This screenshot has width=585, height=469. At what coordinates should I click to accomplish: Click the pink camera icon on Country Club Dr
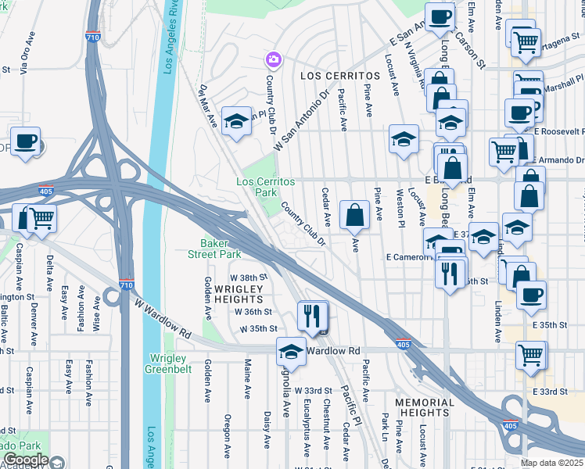coord(273,59)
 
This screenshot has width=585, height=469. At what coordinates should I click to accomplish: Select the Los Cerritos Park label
coord(266,187)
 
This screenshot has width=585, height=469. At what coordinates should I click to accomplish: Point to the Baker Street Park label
coord(214,249)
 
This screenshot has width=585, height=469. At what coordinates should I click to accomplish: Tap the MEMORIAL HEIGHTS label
coord(425,408)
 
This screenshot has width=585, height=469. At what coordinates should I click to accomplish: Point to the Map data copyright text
coord(552,463)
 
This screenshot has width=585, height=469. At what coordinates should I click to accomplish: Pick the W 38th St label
coord(248,277)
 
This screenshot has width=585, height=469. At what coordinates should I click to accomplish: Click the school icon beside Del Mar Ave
coord(236,122)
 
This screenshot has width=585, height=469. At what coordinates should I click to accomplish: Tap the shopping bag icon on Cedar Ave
coord(355,214)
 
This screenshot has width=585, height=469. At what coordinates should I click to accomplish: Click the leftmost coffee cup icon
coord(25,141)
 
